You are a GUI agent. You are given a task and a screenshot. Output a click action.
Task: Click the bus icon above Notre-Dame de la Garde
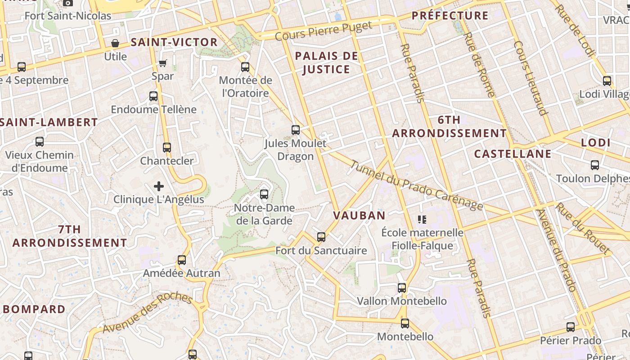coord(264,194)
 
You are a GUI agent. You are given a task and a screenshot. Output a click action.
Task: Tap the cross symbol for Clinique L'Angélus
coord(159,186)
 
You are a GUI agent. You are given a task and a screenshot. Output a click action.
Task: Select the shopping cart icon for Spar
coord(163,63)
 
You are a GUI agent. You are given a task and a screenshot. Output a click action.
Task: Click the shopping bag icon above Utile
coord(115,43)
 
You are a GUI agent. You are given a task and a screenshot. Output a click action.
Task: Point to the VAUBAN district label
coord(359,216)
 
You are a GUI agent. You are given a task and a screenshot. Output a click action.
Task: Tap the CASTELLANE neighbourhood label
coord(513,154)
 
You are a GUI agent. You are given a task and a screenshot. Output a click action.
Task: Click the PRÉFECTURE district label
coord(450,16)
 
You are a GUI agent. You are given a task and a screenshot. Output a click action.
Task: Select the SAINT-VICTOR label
coord(174,42)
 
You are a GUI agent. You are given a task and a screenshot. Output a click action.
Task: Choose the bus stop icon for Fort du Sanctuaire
coord(321,237)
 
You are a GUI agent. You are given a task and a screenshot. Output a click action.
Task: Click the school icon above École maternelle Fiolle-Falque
coord(422,219)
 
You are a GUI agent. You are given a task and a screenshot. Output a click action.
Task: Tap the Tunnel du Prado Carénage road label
coord(416,185)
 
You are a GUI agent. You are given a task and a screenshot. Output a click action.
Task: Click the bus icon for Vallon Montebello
coord(402,288)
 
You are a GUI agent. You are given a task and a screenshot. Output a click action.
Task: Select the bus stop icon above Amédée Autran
coord(182,260)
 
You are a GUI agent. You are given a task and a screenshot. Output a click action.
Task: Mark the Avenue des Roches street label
coord(147,314)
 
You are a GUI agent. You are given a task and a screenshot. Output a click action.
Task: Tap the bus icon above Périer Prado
coord(571,327)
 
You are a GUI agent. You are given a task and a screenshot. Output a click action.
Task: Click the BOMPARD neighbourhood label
coord(34,310)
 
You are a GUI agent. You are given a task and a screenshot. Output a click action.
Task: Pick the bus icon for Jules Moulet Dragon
coord(296,130)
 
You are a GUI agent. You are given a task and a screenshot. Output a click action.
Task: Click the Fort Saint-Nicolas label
coord(67,16)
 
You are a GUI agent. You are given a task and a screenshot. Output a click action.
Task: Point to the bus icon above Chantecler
coord(167,147)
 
